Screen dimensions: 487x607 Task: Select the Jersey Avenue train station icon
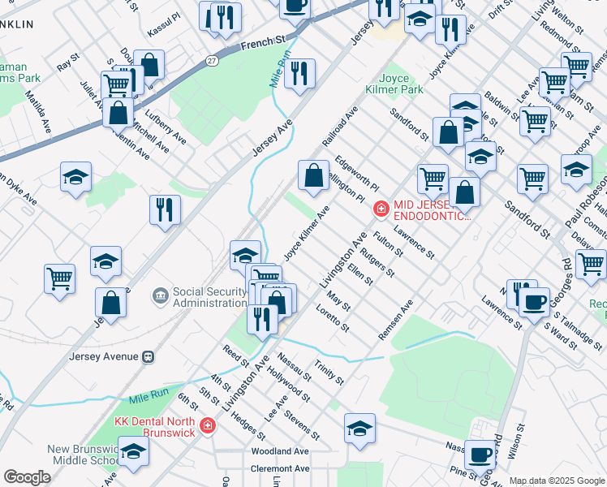[149, 356]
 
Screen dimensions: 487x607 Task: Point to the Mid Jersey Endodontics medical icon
[381, 209]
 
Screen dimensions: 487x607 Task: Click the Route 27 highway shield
[211, 60]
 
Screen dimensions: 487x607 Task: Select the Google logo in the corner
[27, 477]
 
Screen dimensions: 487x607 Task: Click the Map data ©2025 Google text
[556, 481]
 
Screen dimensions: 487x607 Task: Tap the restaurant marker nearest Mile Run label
[299, 73]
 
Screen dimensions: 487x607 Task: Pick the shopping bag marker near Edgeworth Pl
[313, 174]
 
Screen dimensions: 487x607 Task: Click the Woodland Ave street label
[280, 451]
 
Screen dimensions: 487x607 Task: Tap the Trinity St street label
[329, 373]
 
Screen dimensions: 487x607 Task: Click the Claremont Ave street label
[280, 468]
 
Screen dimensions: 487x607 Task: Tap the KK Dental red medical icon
[208, 425]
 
